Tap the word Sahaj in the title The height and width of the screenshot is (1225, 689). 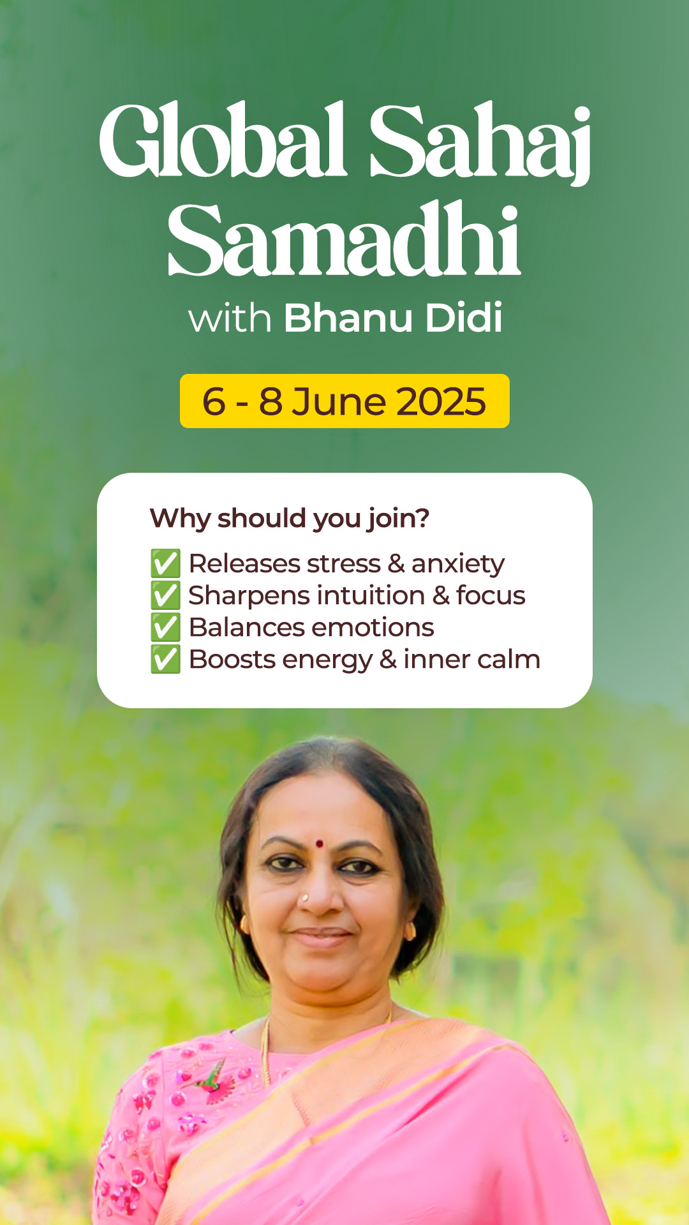(480, 144)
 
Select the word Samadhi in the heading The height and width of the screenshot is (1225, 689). (344, 239)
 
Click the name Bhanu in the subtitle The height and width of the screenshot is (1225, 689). (348, 317)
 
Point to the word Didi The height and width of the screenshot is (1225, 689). (464, 317)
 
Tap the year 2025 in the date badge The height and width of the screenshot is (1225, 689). (441, 401)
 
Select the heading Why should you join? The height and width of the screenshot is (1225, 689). (290, 518)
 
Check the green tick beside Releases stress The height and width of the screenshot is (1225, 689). (165, 563)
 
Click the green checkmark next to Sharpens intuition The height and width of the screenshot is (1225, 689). (165, 595)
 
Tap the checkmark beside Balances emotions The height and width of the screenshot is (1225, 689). (165, 627)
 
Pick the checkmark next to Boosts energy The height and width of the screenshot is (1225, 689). (165, 659)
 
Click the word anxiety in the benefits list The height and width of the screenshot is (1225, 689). (458, 565)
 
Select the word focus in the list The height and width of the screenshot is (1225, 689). (491, 595)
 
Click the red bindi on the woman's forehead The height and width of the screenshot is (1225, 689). (319, 844)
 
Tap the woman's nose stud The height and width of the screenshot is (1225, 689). (305, 898)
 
